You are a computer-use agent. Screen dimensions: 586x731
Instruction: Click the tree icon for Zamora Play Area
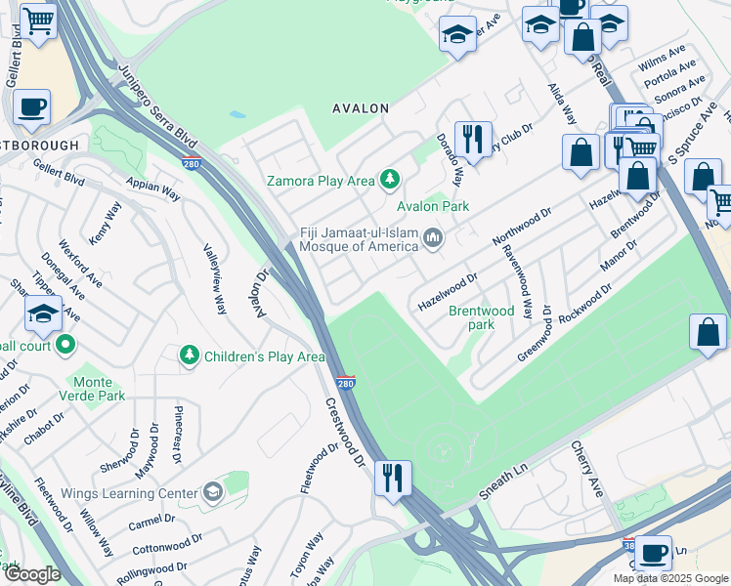tap(391, 179)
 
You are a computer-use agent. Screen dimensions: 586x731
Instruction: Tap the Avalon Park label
tap(432, 206)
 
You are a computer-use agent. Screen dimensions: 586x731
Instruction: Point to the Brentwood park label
tap(481, 317)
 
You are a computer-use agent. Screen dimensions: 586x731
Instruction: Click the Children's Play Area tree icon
tap(190, 356)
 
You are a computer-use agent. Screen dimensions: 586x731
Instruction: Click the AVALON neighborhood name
tap(361, 108)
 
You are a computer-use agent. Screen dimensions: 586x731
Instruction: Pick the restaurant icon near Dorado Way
tap(473, 139)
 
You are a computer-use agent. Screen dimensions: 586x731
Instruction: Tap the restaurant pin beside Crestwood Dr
tap(393, 479)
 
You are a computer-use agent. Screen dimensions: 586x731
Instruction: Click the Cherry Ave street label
tap(587, 469)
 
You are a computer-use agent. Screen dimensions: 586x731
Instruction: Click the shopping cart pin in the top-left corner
tap(38, 20)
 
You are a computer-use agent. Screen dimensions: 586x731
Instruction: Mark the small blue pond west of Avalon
tap(237, 114)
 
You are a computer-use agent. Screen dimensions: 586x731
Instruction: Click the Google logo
tap(32, 574)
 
